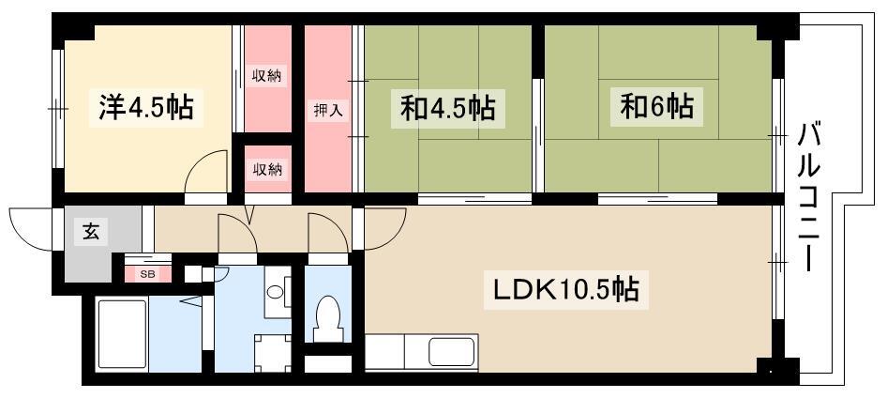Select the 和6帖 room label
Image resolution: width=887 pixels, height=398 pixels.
point(656,106)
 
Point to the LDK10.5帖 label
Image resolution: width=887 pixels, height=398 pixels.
point(566,289)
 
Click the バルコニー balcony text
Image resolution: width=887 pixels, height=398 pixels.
point(811,197)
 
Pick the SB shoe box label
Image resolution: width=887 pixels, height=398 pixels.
point(148,275)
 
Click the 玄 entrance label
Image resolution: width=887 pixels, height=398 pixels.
point(92,232)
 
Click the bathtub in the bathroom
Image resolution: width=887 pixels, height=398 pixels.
point(122,334)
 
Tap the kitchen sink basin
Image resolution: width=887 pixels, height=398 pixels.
point(451,352)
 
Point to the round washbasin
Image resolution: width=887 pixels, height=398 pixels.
point(276,293)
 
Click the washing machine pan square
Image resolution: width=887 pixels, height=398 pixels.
point(273,353)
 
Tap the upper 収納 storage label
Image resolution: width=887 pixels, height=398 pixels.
point(267,74)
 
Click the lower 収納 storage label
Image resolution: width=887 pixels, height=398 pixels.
point(267,169)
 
